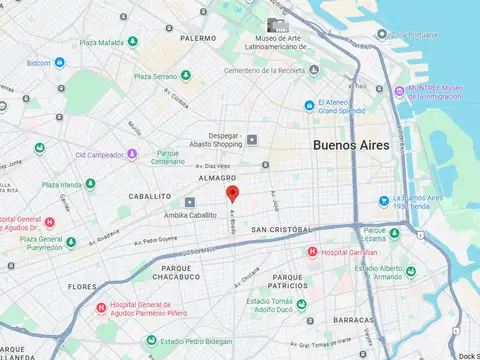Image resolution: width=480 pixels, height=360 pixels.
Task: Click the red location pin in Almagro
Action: tap(232, 193)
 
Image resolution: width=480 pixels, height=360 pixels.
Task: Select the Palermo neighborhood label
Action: tap(198, 38)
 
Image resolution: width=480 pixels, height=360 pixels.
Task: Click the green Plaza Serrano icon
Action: tap(185, 76)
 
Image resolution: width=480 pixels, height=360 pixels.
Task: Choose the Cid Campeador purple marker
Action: tap(132, 154)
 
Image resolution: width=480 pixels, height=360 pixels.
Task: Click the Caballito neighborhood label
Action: tap(143, 197)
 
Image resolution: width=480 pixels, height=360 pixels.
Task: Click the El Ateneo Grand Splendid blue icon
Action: tap(310, 105)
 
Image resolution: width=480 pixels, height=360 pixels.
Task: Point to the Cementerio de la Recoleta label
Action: tap(263, 71)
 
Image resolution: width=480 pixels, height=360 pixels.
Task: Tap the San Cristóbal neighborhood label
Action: tap(282, 230)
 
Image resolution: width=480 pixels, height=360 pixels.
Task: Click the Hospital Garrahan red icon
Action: tap(313, 252)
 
